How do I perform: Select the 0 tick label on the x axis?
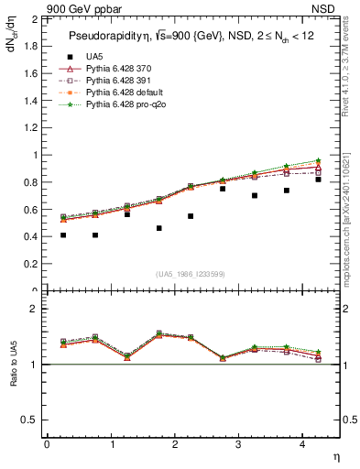click(47, 444)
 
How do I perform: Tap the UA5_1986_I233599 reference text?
click(192, 274)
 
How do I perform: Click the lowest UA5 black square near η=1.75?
click(159, 228)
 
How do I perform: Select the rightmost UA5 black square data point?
click(319, 180)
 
